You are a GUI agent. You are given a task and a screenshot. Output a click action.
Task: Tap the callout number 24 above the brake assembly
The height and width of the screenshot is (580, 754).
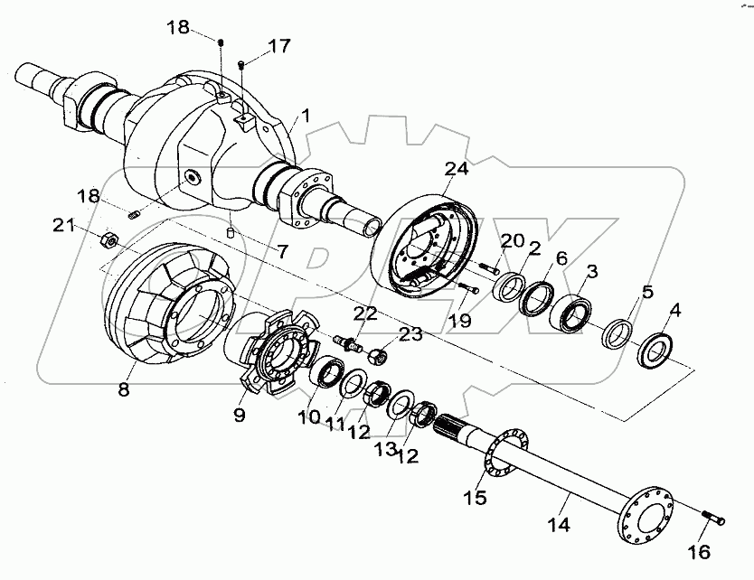click(x=457, y=170)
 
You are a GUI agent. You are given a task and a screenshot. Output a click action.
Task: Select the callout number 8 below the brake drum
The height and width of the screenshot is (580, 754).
click(x=123, y=390)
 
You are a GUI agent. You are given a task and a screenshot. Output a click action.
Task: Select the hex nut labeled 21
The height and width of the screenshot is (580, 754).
click(x=105, y=239)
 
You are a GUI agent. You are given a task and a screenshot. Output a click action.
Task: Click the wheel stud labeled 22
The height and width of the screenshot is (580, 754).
click(x=347, y=344)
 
